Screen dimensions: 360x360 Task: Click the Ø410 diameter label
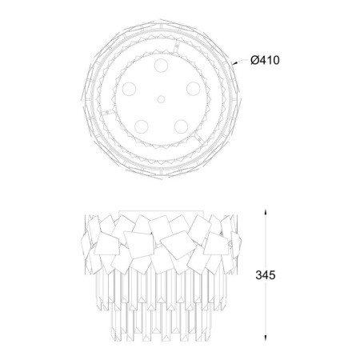(265, 60)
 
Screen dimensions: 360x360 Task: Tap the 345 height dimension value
(266, 275)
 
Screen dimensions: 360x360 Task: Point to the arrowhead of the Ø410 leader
(234, 63)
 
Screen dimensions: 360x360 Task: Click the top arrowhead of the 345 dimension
(266, 213)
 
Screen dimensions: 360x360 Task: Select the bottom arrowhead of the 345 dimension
(266, 338)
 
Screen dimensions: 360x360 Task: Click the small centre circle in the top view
(161, 99)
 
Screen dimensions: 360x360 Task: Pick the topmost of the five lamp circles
(161, 66)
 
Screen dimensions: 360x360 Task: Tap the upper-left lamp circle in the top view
(129, 89)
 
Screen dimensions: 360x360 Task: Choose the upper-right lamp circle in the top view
(194, 89)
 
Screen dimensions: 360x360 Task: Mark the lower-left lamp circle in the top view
(142, 126)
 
